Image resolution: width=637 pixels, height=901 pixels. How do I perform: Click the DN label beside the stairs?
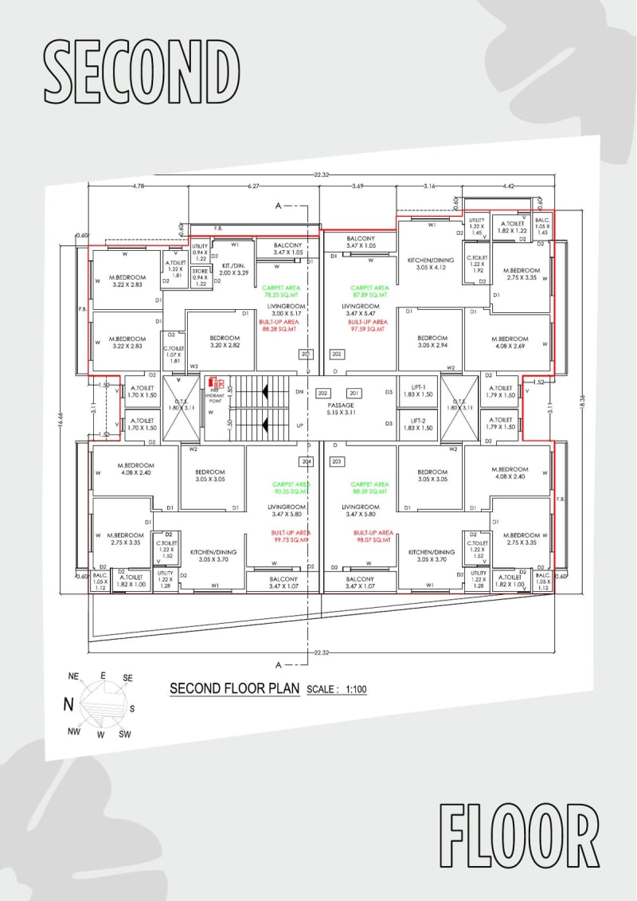coord(299,392)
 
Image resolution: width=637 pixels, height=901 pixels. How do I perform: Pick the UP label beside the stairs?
coord(299,425)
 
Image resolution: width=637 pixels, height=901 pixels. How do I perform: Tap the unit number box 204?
coord(305,461)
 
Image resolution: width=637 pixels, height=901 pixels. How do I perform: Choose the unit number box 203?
coord(336,461)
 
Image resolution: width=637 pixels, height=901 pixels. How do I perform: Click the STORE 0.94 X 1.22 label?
coord(200,277)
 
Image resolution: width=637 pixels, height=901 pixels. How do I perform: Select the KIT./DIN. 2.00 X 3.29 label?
coord(235,268)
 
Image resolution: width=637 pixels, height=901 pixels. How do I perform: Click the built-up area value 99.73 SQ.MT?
coord(290,535)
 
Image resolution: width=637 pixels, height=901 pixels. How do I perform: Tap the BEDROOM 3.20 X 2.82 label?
coord(225,342)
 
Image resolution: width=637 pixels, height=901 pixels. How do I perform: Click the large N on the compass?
coord(69,703)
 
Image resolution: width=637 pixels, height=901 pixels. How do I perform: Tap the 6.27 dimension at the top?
coord(253,186)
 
